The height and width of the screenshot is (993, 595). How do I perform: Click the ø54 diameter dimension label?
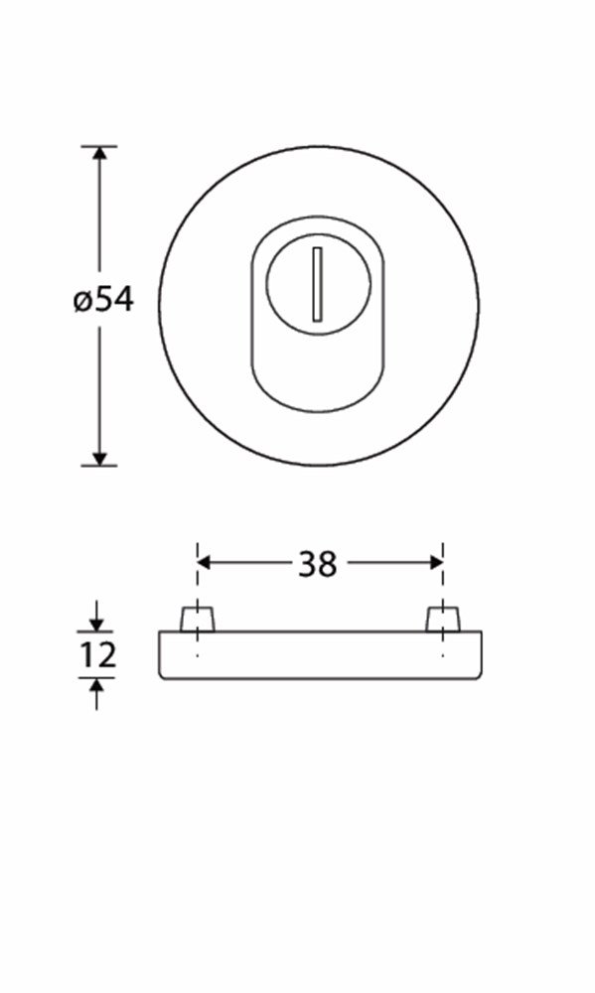(x=103, y=300)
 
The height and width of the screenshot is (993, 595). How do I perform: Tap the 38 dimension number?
(x=318, y=564)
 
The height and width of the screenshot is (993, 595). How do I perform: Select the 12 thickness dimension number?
(x=97, y=654)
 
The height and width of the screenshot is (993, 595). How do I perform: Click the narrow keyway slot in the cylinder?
(x=318, y=284)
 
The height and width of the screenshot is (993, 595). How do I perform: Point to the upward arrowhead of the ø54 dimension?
(x=99, y=154)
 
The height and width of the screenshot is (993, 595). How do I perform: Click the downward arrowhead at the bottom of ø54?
(x=99, y=458)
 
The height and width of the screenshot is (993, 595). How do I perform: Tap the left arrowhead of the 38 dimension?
(x=204, y=562)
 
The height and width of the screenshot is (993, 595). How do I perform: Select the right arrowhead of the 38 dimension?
(x=435, y=562)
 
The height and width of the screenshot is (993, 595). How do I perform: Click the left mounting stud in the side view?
(x=198, y=620)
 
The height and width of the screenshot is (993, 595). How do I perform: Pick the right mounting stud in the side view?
(x=442, y=620)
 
